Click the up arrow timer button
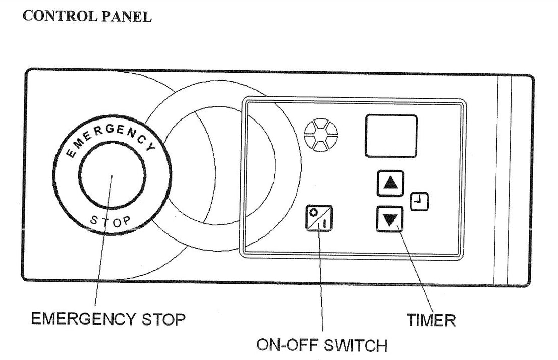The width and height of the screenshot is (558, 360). click(x=390, y=184)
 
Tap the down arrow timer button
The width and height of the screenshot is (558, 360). click(x=390, y=219)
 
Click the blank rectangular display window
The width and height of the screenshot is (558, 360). click(x=391, y=136)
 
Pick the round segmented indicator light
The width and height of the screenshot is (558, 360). click(x=321, y=135)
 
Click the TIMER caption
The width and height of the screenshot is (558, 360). click(x=431, y=320)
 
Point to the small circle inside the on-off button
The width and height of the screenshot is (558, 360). click(x=314, y=212)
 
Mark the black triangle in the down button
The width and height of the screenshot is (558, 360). click(x=390, y=220)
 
